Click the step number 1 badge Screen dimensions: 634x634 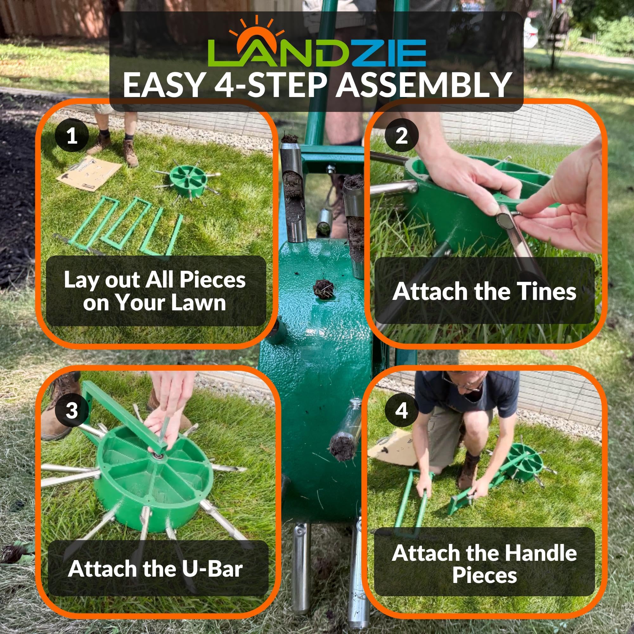(72, 136)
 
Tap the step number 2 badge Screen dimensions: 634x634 (402, 136)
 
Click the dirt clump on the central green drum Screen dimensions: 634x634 (324, 289)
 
